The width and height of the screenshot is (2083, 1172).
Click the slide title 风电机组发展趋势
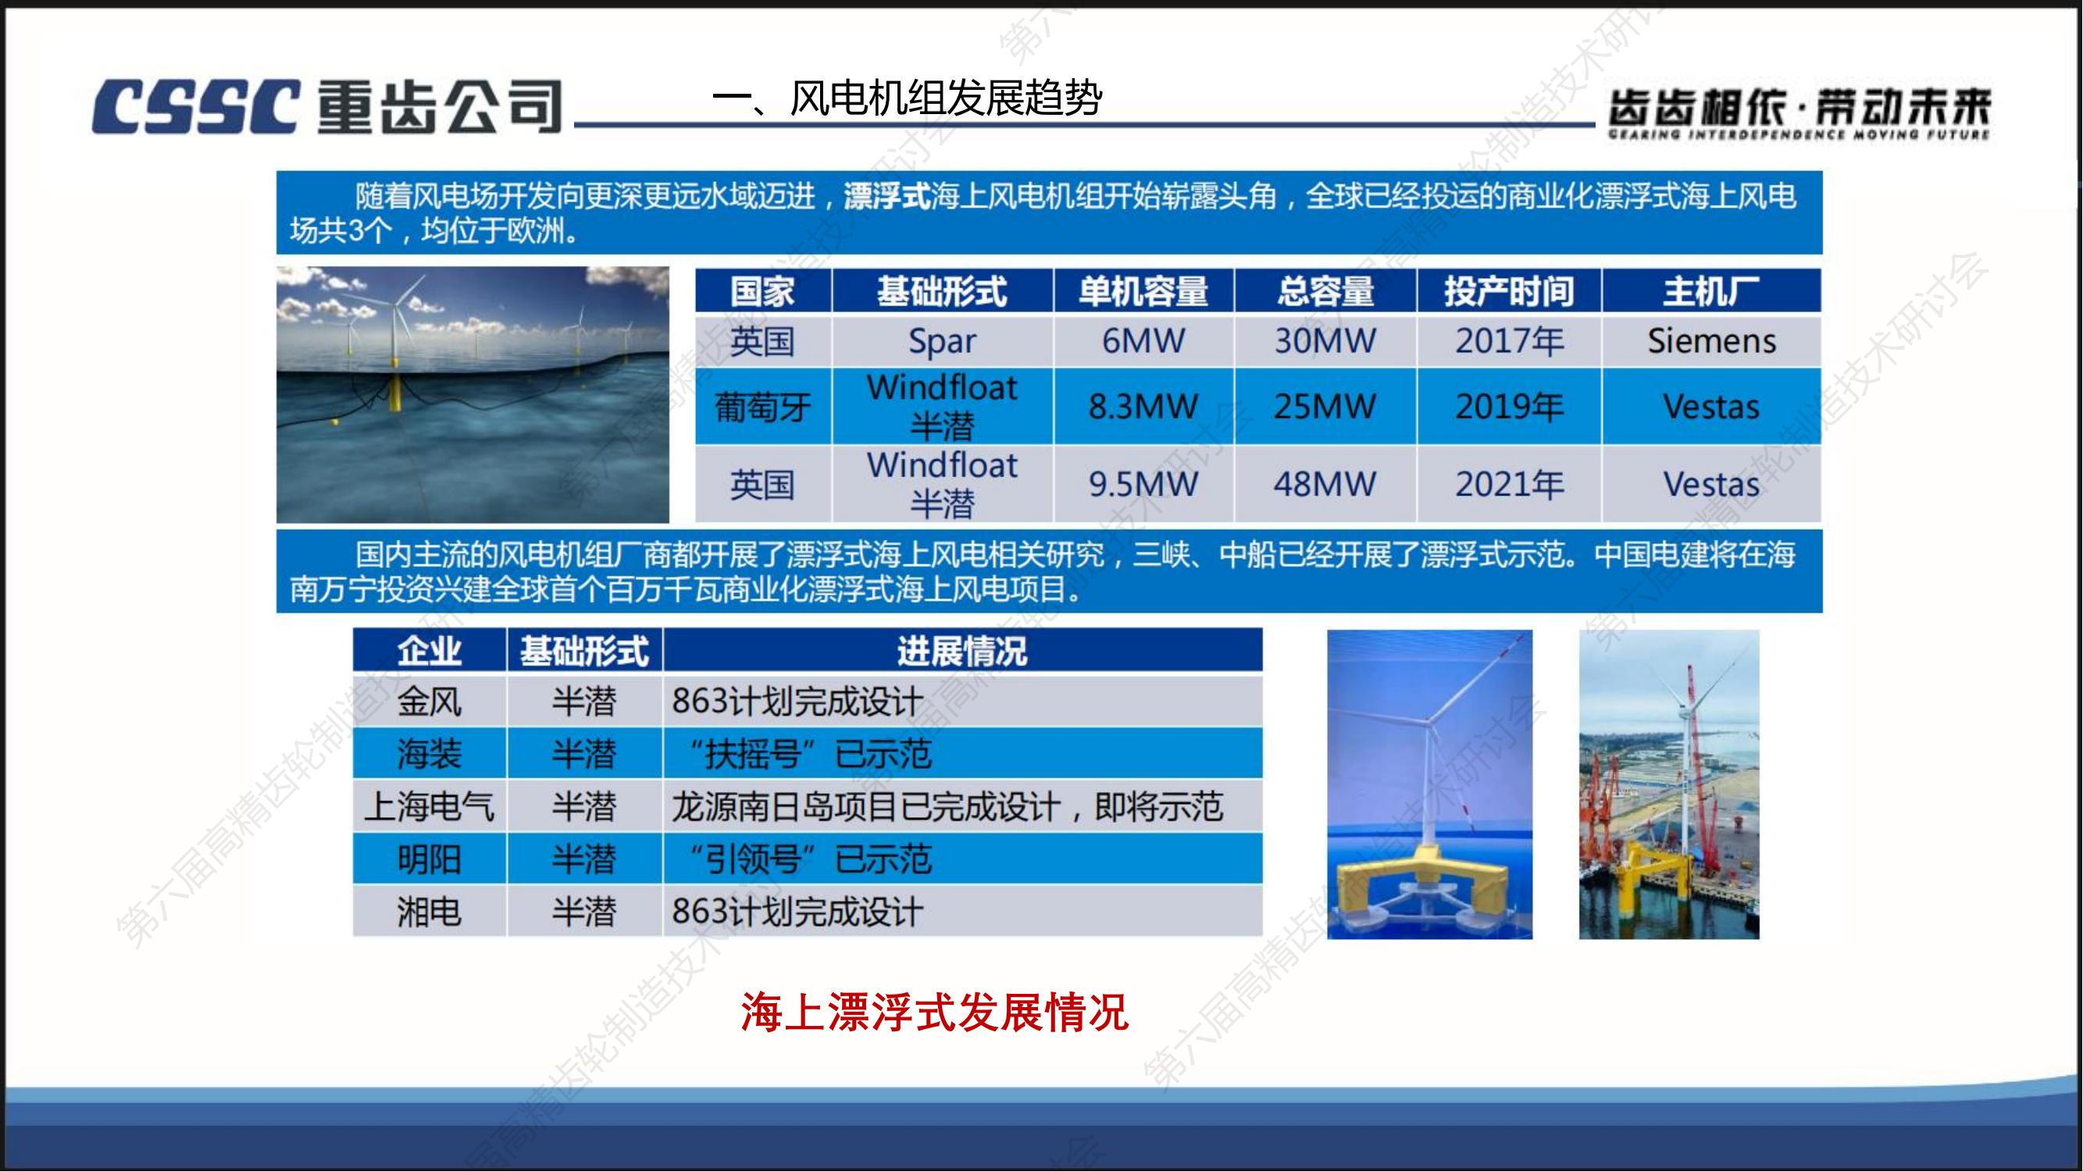pos(945,98)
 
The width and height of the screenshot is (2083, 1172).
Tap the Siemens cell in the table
pos(1712,341)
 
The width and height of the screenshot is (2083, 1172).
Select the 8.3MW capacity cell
pos(1143,406)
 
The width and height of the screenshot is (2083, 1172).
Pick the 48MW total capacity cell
pos(1325,484)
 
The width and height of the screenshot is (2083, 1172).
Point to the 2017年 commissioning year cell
pos(1509,341)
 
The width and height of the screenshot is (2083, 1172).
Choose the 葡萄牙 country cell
pos(762,406)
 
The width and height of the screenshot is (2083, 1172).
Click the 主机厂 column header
pos(1711,291)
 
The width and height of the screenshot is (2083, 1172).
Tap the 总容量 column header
pos(1325,291)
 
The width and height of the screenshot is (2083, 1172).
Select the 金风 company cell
pos(430,702)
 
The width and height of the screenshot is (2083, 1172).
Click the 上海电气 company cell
pos(430,806)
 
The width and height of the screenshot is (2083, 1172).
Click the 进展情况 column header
pos(962,651)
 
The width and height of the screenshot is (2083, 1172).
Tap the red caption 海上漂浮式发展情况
pos(934,1012)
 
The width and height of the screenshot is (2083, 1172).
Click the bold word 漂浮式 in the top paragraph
pos(887,197)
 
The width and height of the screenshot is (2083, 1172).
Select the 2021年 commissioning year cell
pos(1509,484)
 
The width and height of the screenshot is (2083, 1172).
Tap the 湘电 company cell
pos(430,912)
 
